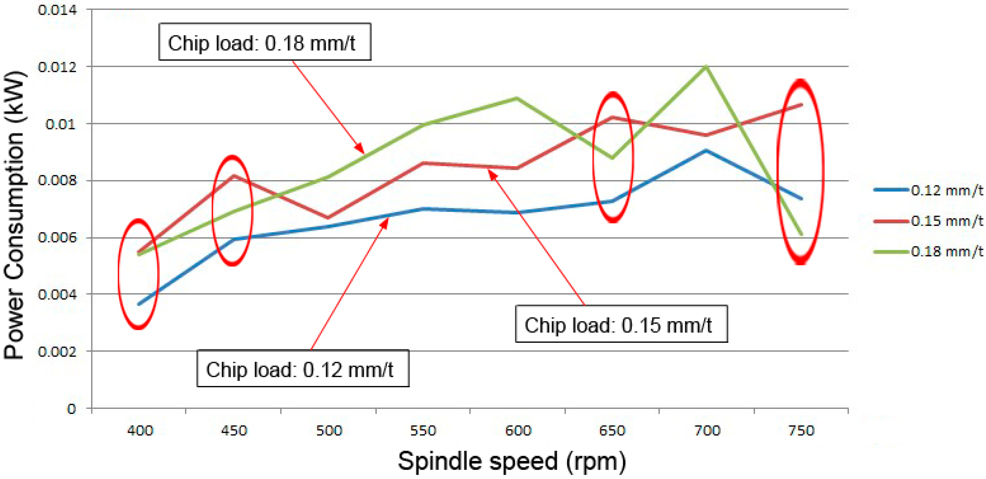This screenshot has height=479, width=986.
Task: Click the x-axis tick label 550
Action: click(423, 431)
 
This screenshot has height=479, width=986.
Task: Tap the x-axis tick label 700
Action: click(707, 431)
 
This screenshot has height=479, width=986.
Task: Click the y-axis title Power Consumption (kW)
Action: click(14, 215)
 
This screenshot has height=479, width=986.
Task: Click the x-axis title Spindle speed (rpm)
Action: click(512, 461)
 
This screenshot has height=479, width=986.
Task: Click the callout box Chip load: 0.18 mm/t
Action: click(264, 42)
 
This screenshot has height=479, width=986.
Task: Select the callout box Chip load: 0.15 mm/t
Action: click(621, 324)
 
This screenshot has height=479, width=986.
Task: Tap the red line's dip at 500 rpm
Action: click(328, 218)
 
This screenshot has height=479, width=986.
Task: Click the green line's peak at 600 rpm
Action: click(517, 98)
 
